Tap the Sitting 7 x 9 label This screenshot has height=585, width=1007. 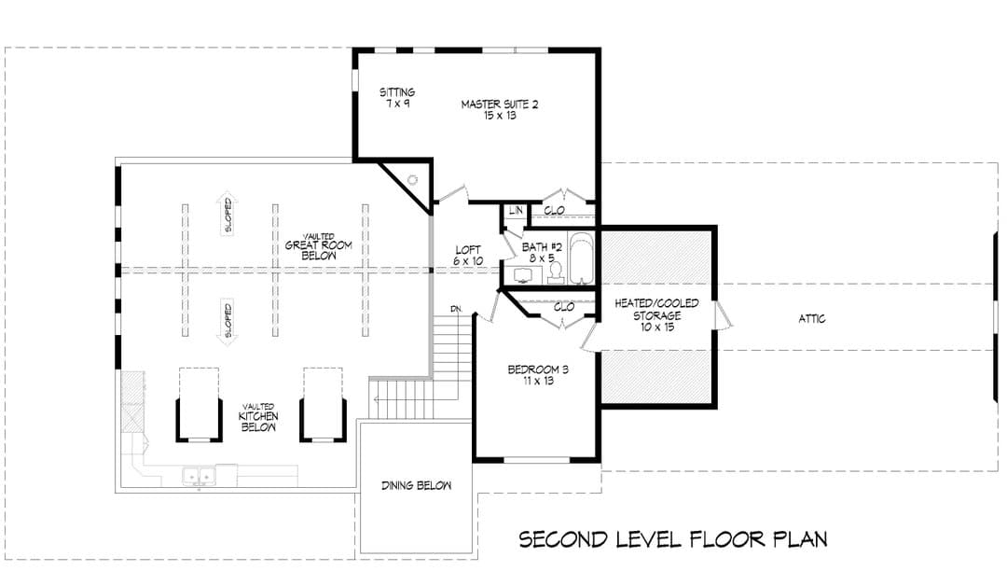tap(397, 97)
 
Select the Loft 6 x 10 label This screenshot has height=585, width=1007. tap(468, 256)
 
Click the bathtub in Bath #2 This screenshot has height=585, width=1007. tap(582, 258)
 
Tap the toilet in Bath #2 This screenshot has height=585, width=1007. tap(556, 272)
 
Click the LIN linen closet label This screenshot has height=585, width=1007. tap(516, 210)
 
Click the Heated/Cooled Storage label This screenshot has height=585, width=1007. tap(656, 315)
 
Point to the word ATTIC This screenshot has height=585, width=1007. tap(812, 318)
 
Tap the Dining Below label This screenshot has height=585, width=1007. tap(416, 485)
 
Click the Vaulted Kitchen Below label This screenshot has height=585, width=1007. tap(258, 417)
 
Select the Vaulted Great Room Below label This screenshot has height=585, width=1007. tap(319, 246)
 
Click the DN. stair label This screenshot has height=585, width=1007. tap(457, 309)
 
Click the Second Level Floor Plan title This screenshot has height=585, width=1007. tap(673, 538)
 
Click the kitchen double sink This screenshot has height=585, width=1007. tap(199, 477)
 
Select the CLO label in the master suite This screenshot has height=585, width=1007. tap(554, 210)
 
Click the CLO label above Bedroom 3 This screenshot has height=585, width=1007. tap(564, 307)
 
